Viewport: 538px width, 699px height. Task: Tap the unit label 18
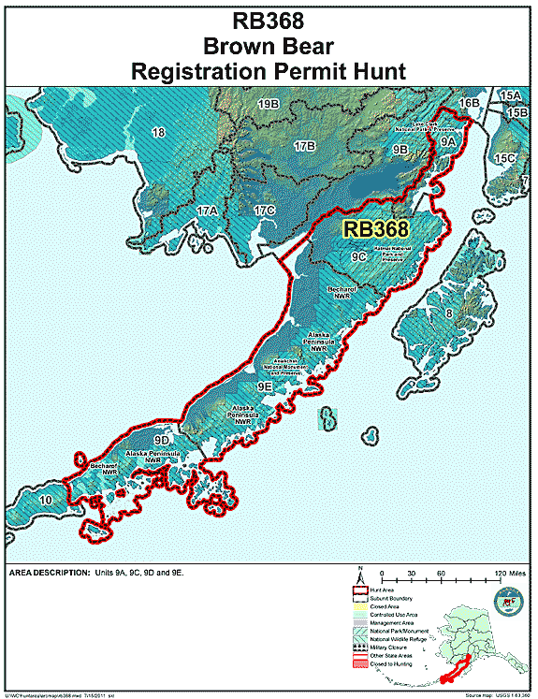coord(158,133)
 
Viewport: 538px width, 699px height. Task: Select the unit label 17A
coord(206,211)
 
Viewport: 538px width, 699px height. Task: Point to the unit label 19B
coord(269,103)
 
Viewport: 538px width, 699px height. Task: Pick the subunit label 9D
coord(162,439)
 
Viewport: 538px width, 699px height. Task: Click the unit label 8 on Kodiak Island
coord(448,313)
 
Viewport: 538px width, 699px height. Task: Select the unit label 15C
coord(505,158)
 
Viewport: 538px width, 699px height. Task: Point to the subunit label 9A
coord(447,140)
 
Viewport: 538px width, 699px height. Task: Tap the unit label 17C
coord(264,210)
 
